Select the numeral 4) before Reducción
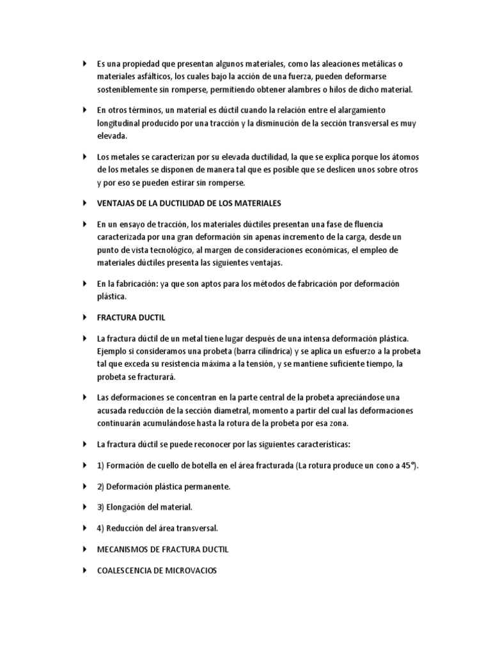coord(101,528)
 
